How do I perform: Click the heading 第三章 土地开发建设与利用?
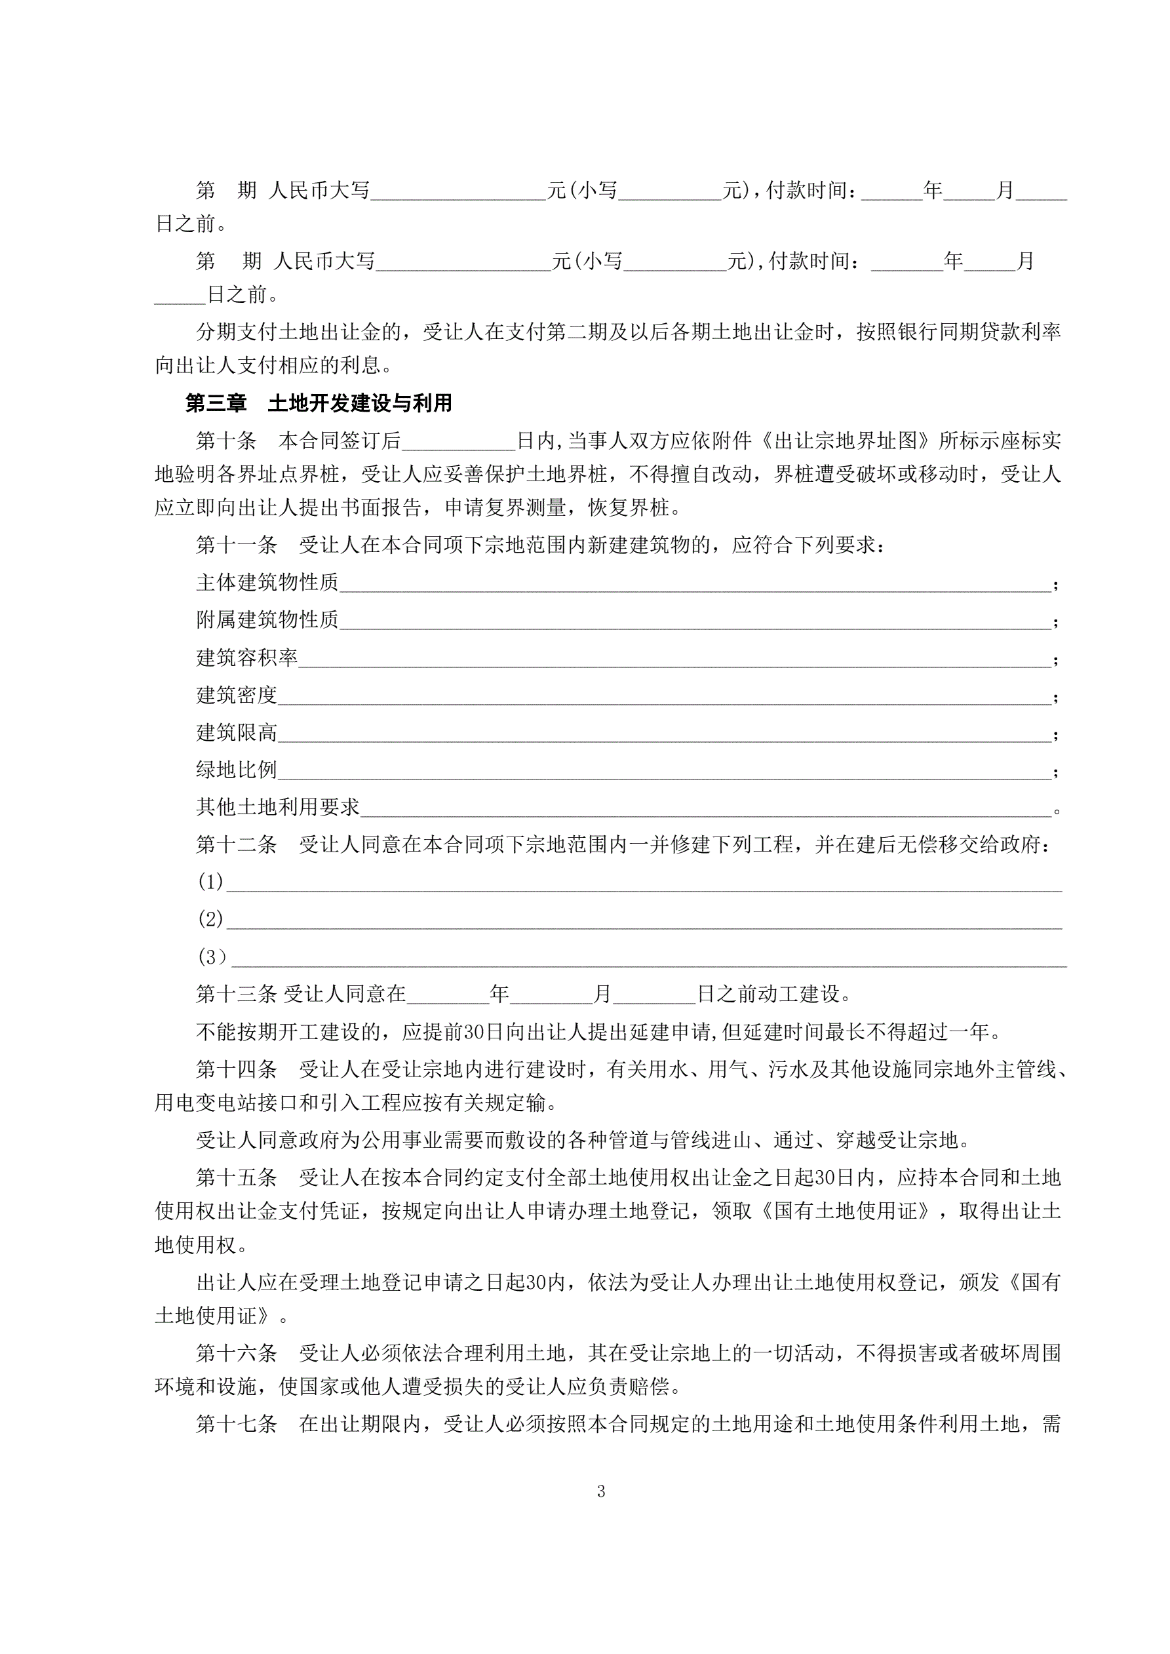[x=319, y=403]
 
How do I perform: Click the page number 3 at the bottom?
[x=601, y=1491]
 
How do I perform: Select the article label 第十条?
[x=225, y=441]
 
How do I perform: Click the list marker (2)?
[x=210, y=919]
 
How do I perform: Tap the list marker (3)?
[x=212, y=957]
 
